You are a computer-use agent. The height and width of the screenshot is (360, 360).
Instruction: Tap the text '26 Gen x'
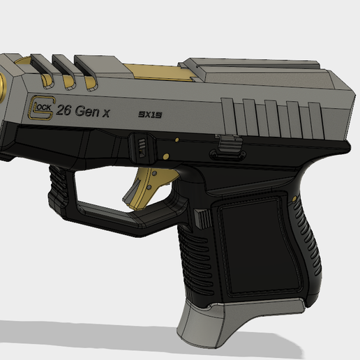pyautogui.click(x=82, y=110)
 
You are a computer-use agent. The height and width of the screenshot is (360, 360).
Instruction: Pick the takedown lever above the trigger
pyautogui.click(x=140, y=148)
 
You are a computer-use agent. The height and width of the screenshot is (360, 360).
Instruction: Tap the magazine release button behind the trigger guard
pyautogui.click(x=202, y=218)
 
